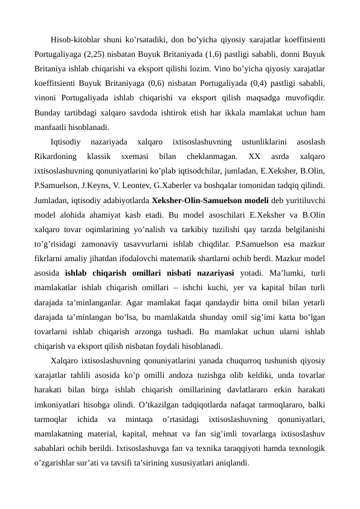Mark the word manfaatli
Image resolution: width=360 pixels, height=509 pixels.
click(x=51, y=128)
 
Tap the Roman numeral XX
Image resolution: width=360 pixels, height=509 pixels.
click(x=254, y=157)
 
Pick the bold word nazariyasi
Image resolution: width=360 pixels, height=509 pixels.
click(x=203, y=273)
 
